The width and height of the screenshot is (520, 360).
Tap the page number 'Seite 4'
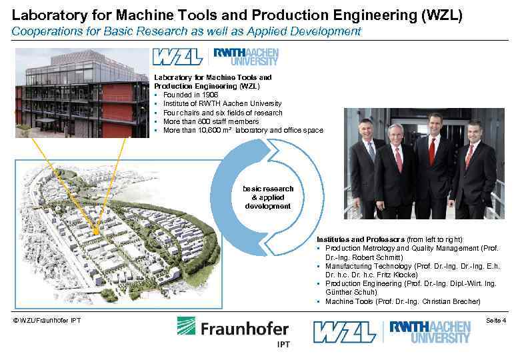click(495, 321)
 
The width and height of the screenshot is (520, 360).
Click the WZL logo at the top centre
click(177, 57)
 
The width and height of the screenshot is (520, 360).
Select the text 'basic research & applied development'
click(267, 197)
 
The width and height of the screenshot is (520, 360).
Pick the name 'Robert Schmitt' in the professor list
click(362, 257)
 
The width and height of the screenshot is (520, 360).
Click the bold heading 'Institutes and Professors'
click(361, 239)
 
